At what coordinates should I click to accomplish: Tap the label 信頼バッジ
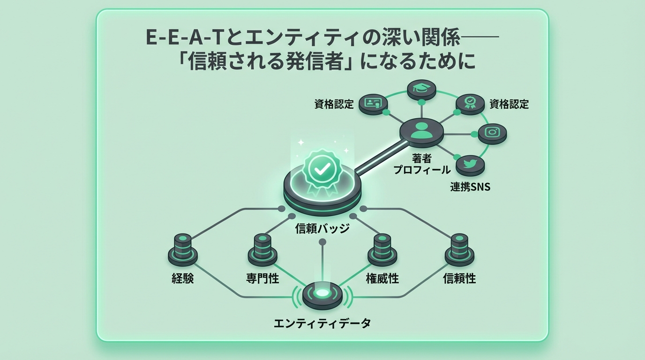[322, 229]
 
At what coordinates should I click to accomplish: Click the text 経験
[183, 279]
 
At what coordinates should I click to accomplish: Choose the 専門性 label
[262, 279]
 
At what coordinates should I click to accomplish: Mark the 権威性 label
[382, 279]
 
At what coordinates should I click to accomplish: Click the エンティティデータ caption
[322, 323]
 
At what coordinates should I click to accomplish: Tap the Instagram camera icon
[492, 133]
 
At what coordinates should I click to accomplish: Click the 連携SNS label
[470, 187]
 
